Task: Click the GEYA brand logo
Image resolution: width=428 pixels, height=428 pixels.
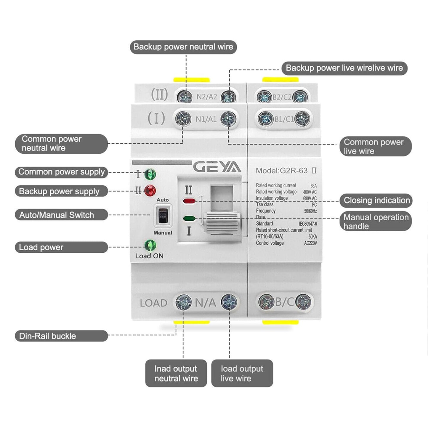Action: pos(217,168)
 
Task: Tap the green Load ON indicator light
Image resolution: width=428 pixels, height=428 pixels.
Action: pos(150,245)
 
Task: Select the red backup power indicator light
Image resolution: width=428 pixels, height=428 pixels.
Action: pos(150,190)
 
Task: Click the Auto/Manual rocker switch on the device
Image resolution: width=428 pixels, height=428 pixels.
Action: pos(163,216)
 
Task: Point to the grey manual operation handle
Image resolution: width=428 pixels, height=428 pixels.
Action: pos(222,223)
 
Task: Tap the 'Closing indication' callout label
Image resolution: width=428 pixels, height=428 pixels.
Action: pos(376,200)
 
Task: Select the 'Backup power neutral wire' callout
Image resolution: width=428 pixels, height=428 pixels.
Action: pos(183,47)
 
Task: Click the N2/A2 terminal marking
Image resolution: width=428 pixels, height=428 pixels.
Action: pos(207,97)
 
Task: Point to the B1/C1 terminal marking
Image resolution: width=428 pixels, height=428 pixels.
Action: pos(284,119)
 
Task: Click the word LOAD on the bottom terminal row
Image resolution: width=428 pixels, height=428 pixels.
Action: pos(153,303)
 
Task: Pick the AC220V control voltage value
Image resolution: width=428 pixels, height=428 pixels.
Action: pos(310,243)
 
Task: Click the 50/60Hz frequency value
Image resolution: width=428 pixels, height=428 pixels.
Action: pos(310,211)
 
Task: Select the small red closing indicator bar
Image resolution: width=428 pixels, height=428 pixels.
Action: pos(189,201)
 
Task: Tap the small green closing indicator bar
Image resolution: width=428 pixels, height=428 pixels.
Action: pos(189,219)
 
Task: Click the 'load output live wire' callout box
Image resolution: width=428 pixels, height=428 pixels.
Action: pos(242,373)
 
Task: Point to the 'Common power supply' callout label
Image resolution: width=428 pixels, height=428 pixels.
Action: pos(61,172)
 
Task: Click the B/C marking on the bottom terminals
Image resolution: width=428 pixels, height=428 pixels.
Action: pos(284,302)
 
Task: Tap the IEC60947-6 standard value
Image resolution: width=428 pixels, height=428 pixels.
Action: pos(308,224)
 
